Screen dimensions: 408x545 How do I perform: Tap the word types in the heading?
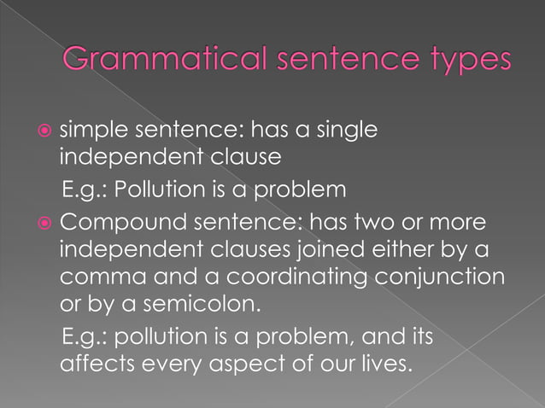pos(463,61)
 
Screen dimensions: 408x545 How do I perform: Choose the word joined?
pos(331,253)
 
